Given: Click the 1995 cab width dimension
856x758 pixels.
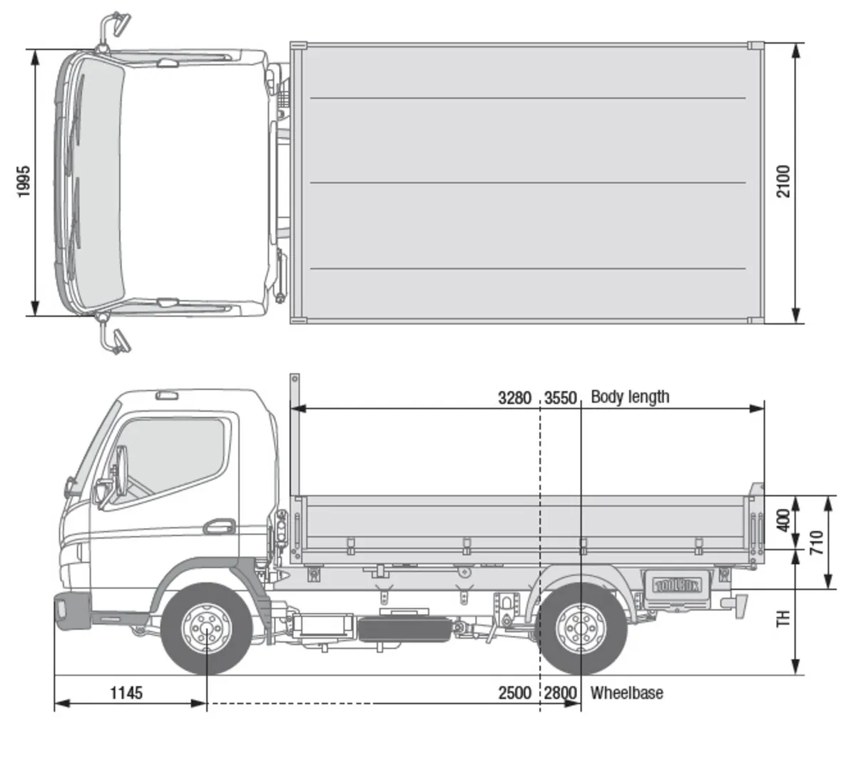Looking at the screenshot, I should point(24,181).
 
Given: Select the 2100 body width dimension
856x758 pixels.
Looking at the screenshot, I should point(783,181).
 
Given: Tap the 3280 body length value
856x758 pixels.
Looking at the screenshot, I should point(515,398).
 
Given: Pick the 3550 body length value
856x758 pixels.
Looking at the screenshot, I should point(561,398).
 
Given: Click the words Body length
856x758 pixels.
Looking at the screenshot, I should point(630,397).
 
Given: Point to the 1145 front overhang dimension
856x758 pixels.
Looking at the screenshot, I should point(126,692).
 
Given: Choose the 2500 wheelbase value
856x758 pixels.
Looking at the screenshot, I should point(515,693).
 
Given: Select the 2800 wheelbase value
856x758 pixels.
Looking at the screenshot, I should point(561,693).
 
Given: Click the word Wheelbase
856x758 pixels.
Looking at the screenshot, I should point(627,693).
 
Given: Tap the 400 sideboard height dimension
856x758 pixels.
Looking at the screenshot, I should point(783,521).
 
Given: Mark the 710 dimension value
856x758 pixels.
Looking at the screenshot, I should point(817,542).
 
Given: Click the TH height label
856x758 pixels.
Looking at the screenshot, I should point(783,618).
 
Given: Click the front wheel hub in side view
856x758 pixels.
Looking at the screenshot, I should point(207,629).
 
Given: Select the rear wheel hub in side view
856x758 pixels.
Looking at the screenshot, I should point(581,629).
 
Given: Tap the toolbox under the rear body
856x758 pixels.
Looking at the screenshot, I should point(677,586).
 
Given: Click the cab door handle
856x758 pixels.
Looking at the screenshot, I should point(218,527).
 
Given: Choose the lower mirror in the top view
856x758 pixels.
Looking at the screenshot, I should point(116,340).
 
